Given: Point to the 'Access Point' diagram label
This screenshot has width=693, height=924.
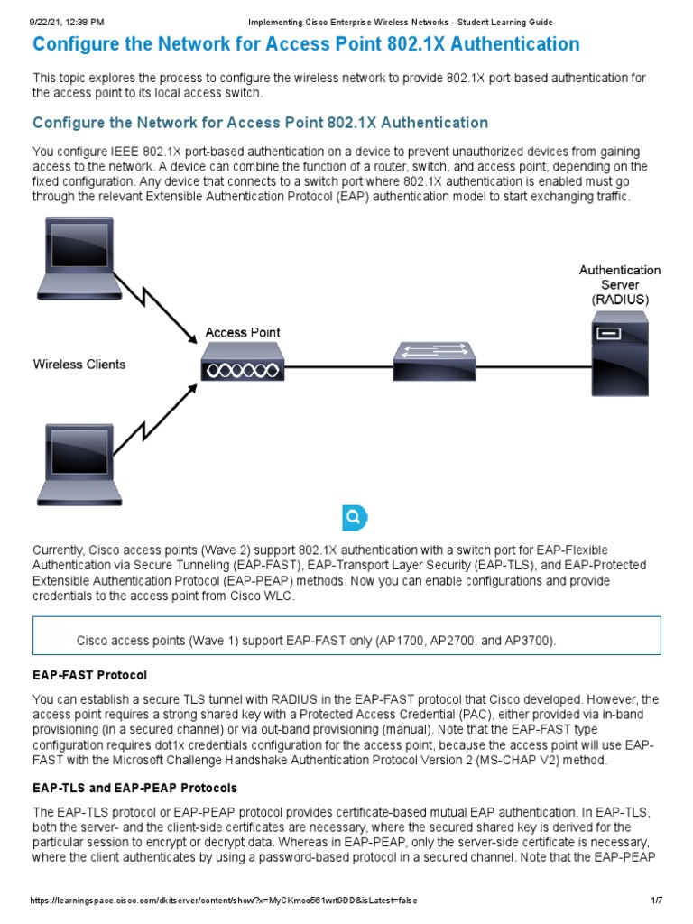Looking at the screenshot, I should [x=242, y=332].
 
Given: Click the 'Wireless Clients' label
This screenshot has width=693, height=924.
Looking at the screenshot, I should [x=79, y=365].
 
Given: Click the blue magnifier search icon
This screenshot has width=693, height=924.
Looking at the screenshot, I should [x=355, y=518].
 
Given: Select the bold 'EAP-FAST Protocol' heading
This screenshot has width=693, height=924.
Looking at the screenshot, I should [x=89, y=675].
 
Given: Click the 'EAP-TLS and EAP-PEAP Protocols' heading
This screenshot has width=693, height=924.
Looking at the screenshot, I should [x=135, y=788].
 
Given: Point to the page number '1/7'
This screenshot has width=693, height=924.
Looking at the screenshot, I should [x=656, y=901].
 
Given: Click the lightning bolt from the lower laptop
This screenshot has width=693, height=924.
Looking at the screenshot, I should [x=161, y=415].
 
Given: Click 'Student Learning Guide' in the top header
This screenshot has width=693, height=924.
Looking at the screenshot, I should [x=506, y=22].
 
